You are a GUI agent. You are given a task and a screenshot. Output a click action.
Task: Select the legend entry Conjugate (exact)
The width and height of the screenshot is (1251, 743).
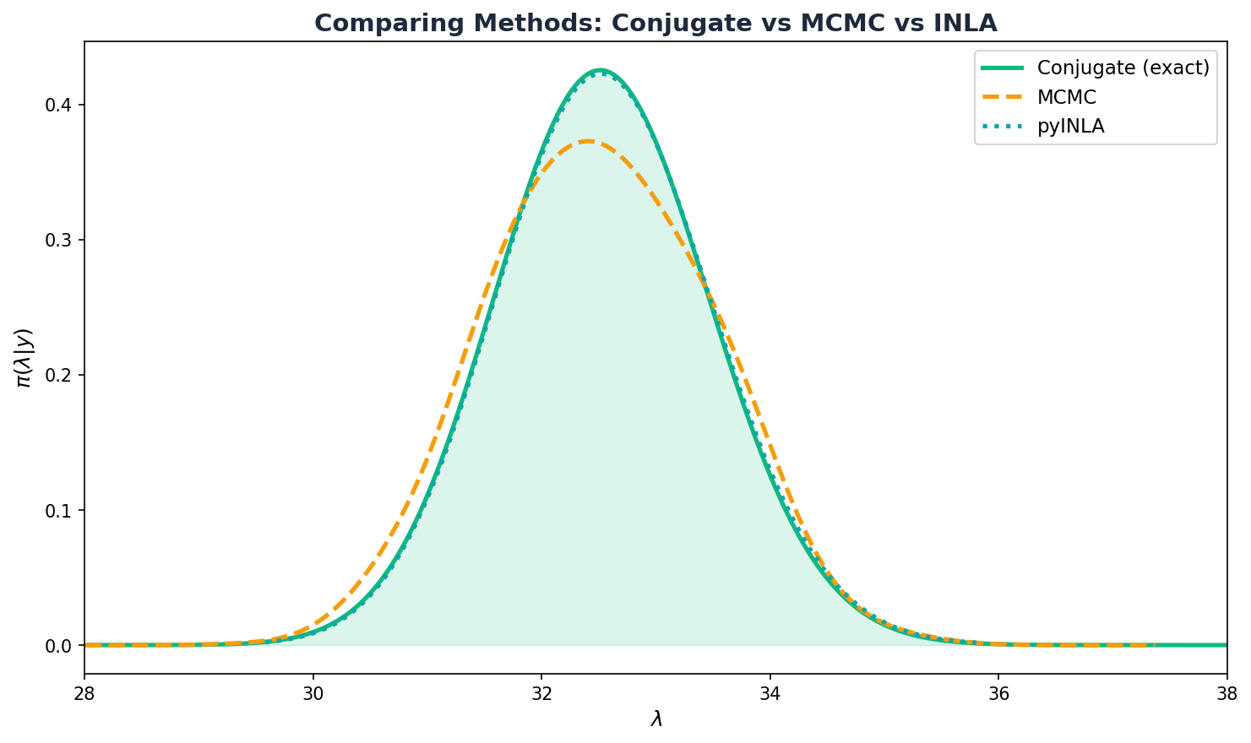tap(1123, 68)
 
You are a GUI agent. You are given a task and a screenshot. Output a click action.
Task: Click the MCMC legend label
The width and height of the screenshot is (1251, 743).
tap(1066, 97)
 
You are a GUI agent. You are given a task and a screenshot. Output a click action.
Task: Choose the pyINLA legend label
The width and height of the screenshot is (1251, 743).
tap(1070, 127)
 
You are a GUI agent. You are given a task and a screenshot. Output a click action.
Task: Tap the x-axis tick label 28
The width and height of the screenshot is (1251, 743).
tap(84, 694)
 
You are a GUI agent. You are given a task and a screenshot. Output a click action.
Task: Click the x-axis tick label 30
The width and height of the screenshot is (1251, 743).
tap(313, 694)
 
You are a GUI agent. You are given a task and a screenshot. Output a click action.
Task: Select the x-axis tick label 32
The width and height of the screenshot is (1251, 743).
tap(541, 694)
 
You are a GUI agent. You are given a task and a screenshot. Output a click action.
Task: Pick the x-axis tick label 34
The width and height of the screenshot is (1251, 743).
tap(770, 694)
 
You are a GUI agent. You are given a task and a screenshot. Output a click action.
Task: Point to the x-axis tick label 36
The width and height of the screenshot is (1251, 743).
tap(998, 694)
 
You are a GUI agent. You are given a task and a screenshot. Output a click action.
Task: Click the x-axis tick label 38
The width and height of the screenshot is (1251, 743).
tap(1227, 694)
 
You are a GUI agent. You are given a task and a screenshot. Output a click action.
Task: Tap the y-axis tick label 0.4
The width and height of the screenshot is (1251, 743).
tap(60, 106)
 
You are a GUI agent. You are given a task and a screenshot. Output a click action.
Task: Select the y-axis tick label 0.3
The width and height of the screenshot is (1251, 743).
tap(60, 241)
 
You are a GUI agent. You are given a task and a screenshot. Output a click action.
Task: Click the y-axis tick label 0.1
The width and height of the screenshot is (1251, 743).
tap(60, 511)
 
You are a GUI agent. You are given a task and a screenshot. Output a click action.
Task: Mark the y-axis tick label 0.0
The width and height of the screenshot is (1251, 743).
tap(60, 646)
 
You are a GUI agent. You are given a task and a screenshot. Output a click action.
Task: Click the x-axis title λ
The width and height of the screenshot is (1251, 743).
tap(656, 719)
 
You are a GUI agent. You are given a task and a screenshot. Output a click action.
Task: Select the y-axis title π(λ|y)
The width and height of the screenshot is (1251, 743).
tap(24, 358)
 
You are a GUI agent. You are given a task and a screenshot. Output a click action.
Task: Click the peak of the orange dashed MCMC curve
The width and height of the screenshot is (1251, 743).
tap(587, 141)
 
